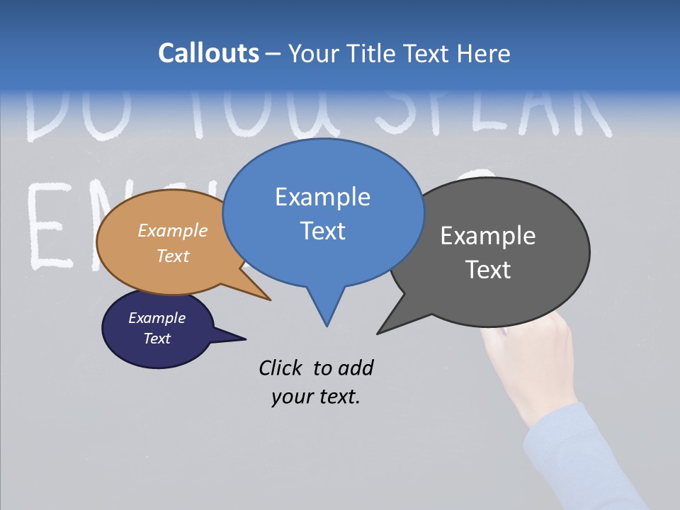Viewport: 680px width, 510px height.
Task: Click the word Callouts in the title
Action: click(x=208, y=53)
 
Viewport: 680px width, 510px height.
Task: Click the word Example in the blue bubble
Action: click(x=322, y=197)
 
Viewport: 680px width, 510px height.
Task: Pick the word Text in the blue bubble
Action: click(x=322, y=231)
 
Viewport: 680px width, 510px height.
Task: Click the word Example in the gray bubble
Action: click(x=488, y=236)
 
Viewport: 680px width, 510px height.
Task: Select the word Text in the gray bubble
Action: click(x=488, y=270)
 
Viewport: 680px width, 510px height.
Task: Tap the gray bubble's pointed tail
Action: click(x=382, y=329)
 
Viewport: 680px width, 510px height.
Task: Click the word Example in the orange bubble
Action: click(x=173, y=230)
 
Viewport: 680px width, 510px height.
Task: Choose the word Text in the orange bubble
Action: click(x=173, y=256)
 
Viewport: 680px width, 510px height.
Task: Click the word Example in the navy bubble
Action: click(x=157, y=318)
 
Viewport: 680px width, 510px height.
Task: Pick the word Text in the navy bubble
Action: click(x=157, y=339)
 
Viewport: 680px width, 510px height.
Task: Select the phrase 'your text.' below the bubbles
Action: click(x=316, y=397)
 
